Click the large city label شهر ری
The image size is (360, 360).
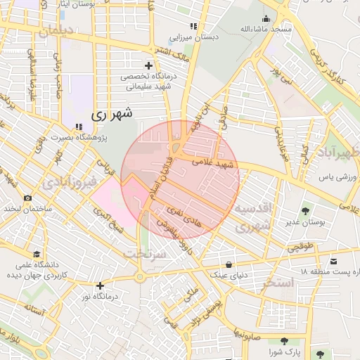pyautogui.click(x=112, y=112)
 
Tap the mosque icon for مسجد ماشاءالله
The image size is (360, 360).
pyautogui.click(x=266, y=18)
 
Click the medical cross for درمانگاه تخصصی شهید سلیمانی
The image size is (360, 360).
pyautogui.click(x=148, y=65)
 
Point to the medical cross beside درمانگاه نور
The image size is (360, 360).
pyautogui.click(x=101, y=285)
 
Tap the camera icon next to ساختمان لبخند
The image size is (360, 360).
pyautogui.click(x=27, y=198)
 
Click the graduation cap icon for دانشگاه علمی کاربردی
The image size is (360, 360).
pyautogui.click(x=35, y=254)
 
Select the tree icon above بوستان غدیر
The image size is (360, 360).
pyautogui.click(x=306, y=211)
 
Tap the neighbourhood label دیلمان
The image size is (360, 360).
pyautogui.click(x=56, y=32)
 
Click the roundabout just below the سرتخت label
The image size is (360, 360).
pyautogui.click(x=140, y=277)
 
